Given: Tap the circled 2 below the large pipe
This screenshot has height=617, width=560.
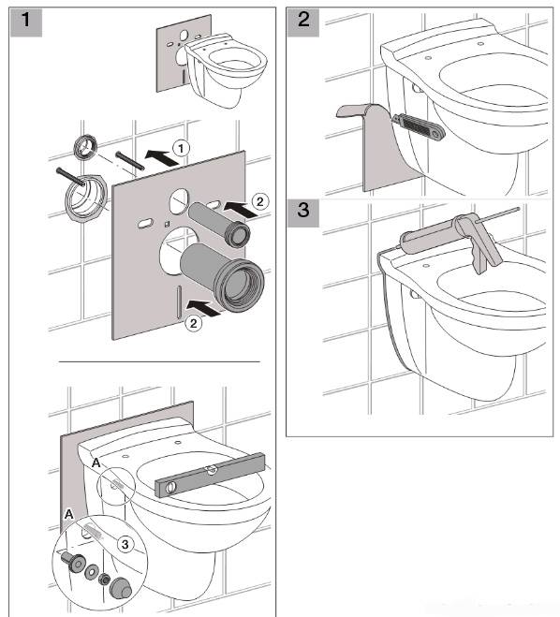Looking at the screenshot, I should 193,324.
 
